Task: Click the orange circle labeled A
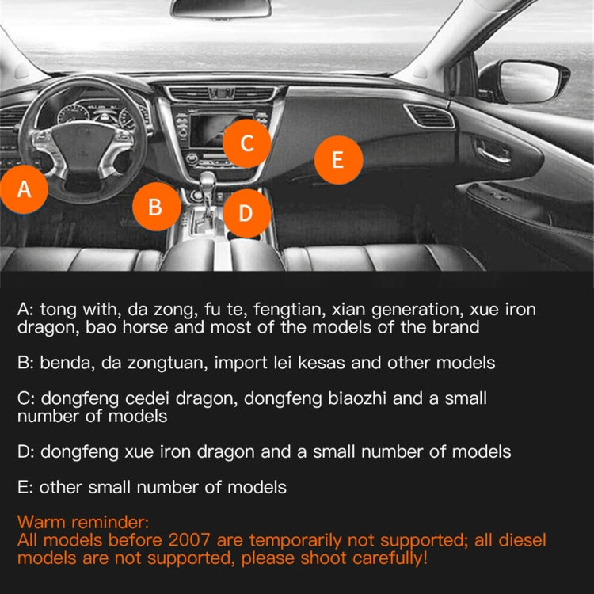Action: pos(24,190)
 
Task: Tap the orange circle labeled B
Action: pos(155,207)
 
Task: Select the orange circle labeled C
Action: pos(246,143)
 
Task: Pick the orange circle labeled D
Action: pos(246,212)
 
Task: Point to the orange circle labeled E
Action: pos(338,160)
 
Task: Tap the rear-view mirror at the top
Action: pos(220,9)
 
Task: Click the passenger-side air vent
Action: pos(430,117)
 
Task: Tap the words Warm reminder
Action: pos(82,523)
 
